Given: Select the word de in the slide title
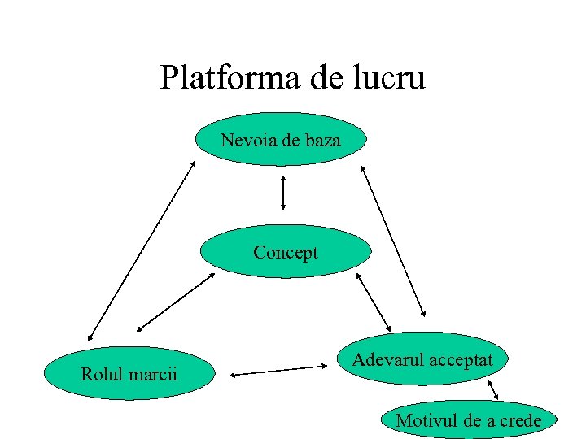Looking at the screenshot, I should tap(326, 78).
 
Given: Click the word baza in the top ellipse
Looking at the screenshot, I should tap(322, 141).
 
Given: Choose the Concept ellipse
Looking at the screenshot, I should tap(285, 252).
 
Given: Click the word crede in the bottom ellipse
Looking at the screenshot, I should tap(518, 420).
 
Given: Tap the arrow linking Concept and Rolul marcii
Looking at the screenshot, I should tap(176, 302).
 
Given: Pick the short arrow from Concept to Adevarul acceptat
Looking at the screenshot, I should tap(374, 302).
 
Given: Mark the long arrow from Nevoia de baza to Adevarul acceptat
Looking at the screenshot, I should tap(393, 241).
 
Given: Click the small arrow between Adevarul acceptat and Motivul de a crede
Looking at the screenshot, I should tap(492, 391).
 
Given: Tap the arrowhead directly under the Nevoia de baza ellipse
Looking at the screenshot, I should tap(282, 176).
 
